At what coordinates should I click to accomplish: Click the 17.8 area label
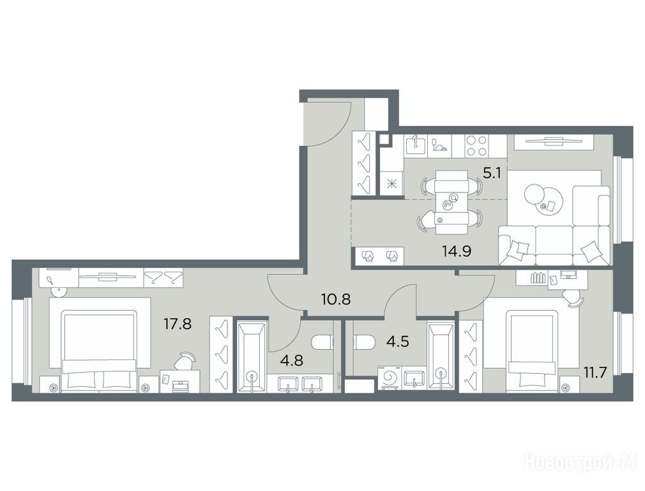pyautogui.click(x=178, y=324)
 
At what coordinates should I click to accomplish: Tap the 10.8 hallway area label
pyautogui.click(x=336, y=299)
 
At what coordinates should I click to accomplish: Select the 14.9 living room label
pyautogui.click(x=457, y=251)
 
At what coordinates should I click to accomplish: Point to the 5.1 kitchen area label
pyautogui.click(x=492, y=173)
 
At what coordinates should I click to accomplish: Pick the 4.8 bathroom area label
pyautogui.click(x=291, y=361)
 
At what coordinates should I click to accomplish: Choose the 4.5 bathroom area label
pyautogui.click(x=398, y=341)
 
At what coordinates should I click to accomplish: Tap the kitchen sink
pyautogui.click(x=416, y=146)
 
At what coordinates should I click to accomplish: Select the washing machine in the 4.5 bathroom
pyautogui.click(x=390, y=378)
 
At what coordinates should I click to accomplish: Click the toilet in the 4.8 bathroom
pyautogui.click(x=322, y=342)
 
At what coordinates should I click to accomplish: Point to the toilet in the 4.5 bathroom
pyautogui.click(x=364, y=342)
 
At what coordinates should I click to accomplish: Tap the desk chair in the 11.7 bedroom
pyautogui.click(x=573, y=297)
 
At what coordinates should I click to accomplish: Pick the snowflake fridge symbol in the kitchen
pyautogui.click(x=391, y=183)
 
